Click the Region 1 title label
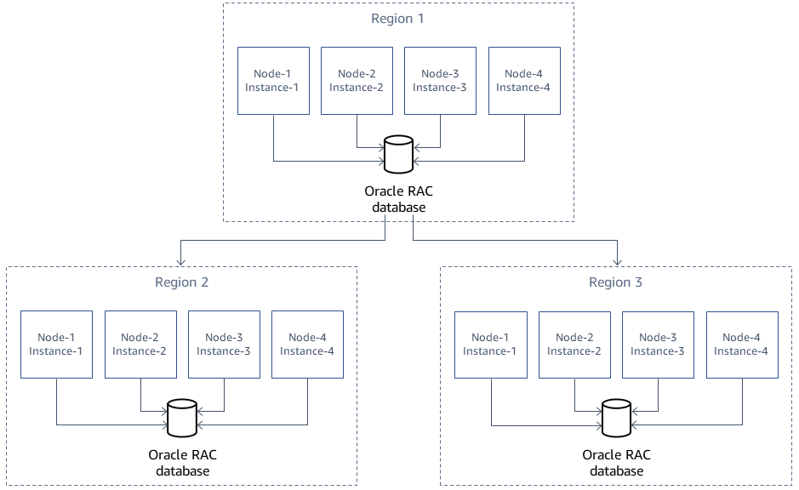[x=398, y=18]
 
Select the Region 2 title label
[x=181, y=282]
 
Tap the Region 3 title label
[x=615, y=282]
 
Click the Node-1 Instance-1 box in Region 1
[x=272, y=81]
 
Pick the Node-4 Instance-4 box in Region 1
[x=524, y=81]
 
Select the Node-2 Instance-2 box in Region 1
[x=356, y=81]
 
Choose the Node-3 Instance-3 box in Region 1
[x=440, y=81]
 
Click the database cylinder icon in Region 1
[x=397, y=154]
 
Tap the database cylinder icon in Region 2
[x=181, y=418]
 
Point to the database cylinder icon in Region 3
[x=616, y=418]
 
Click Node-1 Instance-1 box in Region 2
[x=56, y=345]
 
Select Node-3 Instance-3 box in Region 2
[x=224, y=345]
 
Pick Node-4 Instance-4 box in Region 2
[x=307, y=345]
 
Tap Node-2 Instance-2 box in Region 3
[x=574, y=345]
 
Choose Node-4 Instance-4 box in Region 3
[x=741, y=345]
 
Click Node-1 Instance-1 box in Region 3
[x=491, y=345]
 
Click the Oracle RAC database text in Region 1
[x=398, y=199]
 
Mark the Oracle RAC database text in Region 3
[x=616, y=463]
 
